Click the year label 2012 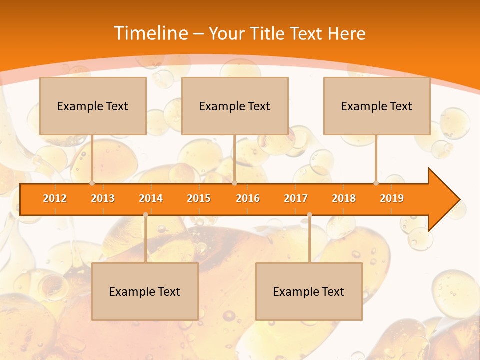pyautogui.click(x=55, y=198)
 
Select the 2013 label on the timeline pyautogui.click(x=103, y=198)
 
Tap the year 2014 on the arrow pyautogui.click(x=151, y=198)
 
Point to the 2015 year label pyautogui.click(x=199, y=198)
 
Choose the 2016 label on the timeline pyautogui.click(x=248, y=198)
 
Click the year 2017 pyautogui.click(x=296, y=198)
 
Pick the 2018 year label pyautogui.click(x=344, y=198)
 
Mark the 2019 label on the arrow pyautogui.click(x=392, y=198)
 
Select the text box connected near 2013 pyautogui.click(x=93, y=106)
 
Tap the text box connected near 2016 pyautogui.click(x=235, y=106)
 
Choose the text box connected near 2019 pyautogui.click(x=377, y=106)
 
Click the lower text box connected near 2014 pyautogui.click(x=145, y=292)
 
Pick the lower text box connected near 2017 pyautogui.click(x=309, y=292)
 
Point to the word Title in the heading pyautogui.click(x=268, y=33)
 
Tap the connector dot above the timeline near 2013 pyautogui.click(x=92, y=183)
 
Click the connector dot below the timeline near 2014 pyautogui.click(x=145, y=215)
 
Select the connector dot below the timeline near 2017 pyautogui.click(x=309, y=215)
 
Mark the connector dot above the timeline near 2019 pyautogui.click(x=376, y=183)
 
